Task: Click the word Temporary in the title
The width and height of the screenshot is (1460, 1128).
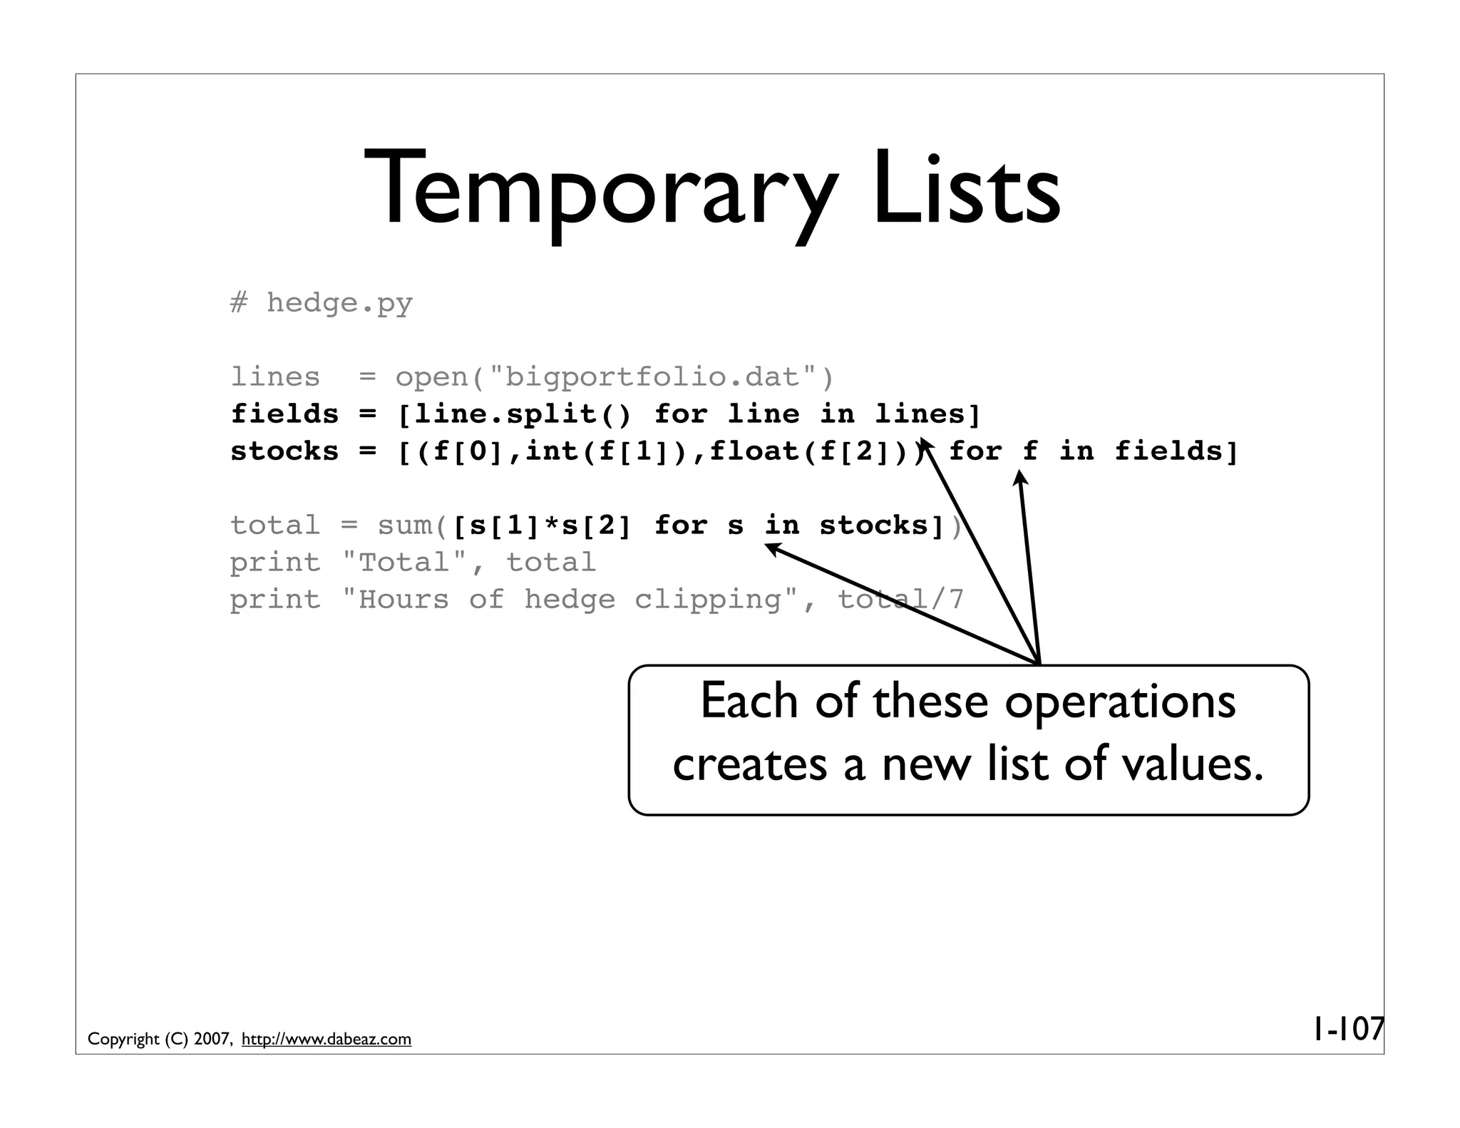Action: (x=599, y=189)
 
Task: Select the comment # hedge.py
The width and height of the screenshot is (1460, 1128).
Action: (x=322, y=303)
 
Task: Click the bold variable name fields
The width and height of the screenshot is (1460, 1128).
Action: (x=284, y=414)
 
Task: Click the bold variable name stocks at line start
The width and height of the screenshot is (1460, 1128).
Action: (x=284, y=451)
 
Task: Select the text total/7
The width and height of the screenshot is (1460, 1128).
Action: (x=900, y=600)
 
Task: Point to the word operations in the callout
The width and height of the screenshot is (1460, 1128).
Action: (x=1120, y=702)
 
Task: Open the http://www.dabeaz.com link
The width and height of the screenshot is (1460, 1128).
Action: (x=327, y=1040)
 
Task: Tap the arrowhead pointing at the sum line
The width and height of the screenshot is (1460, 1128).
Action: (x=772, y=548)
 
